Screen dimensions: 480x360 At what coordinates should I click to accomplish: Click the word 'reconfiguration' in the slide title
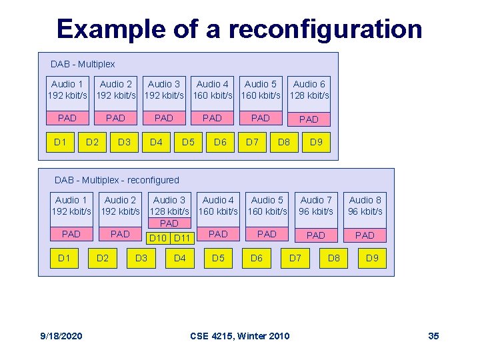click(325, 30)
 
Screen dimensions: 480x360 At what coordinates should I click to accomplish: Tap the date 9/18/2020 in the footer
click(61, 335)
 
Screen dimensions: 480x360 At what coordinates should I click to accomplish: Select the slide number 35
click(433, 335)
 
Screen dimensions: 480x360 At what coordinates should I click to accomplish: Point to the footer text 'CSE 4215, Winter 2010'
click(240, 335)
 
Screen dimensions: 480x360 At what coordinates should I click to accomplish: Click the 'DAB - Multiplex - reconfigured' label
click(117, 180)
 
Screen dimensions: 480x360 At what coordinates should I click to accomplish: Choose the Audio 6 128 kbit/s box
click(309, 89)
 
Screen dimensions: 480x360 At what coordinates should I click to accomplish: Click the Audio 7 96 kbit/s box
click(316, 205)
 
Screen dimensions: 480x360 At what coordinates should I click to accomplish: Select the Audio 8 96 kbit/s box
click(365, 205)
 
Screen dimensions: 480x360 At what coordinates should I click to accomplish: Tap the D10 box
click(158, 238)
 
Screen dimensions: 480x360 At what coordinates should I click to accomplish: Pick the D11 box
click(182, 238)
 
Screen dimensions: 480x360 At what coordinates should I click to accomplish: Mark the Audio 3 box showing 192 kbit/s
click(164, 89)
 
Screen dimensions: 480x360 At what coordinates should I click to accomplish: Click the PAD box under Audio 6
click(309, 119)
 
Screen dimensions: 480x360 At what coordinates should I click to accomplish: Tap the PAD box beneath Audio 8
click(365, 235)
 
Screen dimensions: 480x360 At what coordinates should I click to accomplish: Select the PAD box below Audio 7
click(316, 235)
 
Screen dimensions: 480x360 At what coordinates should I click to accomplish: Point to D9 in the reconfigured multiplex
click(372, 257)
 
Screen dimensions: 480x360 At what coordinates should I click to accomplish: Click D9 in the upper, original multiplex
click(316, 142)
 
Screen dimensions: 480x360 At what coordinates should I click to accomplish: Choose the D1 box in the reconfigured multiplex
click(64, 257)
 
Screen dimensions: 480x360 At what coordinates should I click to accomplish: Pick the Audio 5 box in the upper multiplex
click(261, 89)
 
